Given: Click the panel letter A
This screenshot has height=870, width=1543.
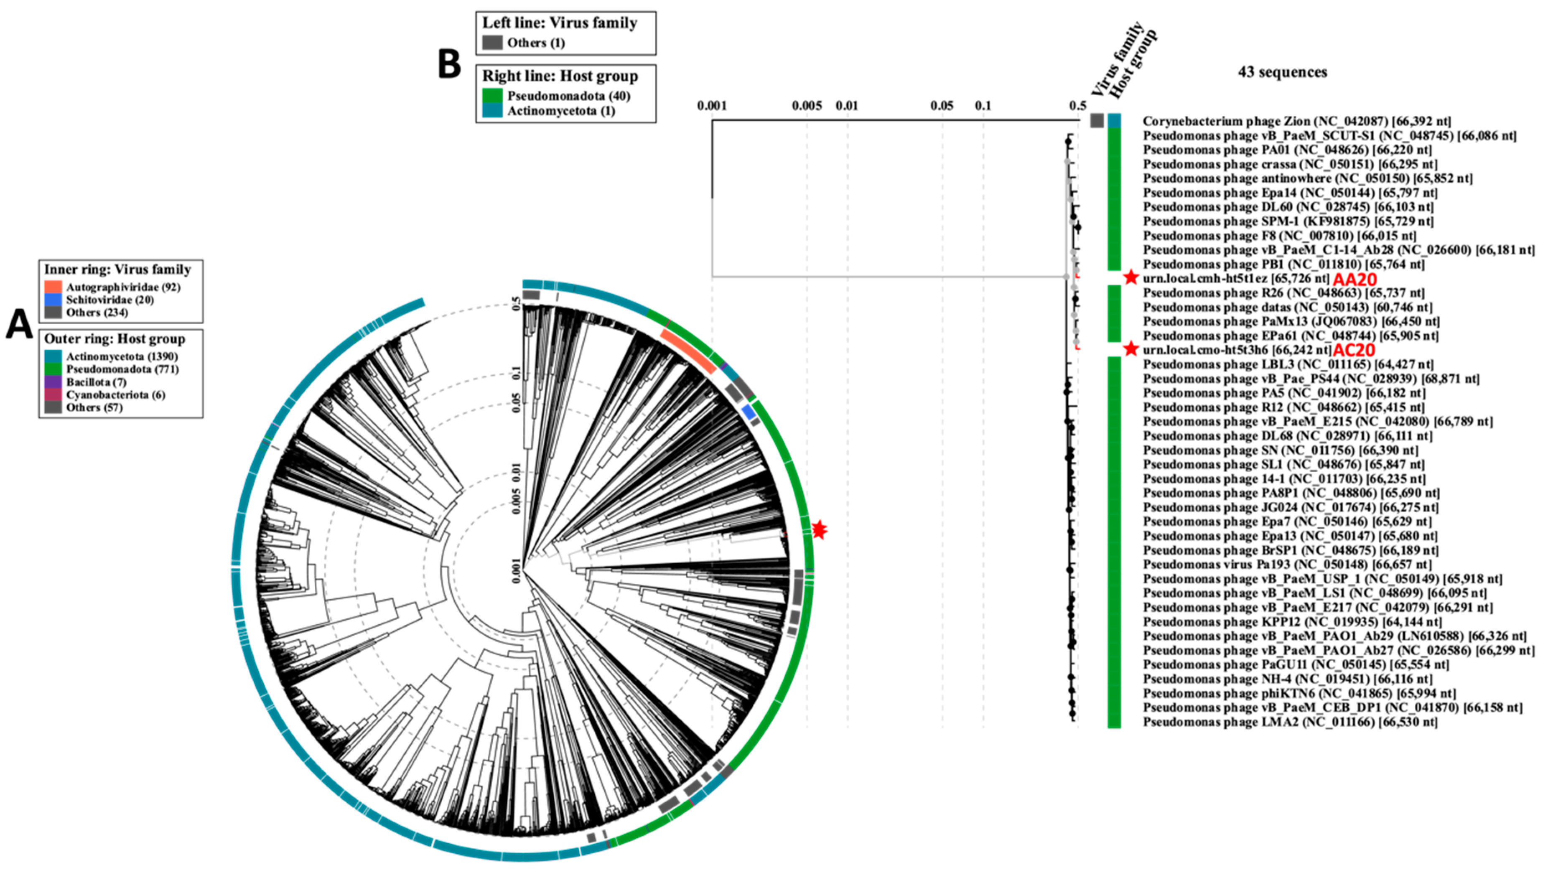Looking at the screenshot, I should click(x=19, y=325).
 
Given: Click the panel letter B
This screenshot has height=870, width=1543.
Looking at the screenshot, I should click(x=450, y=65).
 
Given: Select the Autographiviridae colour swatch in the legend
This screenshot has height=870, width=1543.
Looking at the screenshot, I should click(x=53, y=287).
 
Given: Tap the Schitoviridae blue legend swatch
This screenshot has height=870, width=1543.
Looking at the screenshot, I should click(x=53, y=299).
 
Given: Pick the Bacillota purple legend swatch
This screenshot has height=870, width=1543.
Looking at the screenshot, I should click(x=53, y=382).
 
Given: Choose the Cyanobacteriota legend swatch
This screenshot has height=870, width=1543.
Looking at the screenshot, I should click(x=53, y=394).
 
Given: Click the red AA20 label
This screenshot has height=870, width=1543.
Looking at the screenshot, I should click(x=1355, y=279).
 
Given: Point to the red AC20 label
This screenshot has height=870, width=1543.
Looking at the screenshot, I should click(x=1353, y=350).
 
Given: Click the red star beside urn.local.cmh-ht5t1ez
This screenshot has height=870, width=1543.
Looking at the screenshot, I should click(x=1131, y=277).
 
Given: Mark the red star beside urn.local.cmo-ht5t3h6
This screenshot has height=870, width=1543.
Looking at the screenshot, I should click(x=1131, y=349).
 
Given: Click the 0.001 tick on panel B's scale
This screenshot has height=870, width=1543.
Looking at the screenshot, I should click(x=712, y=106).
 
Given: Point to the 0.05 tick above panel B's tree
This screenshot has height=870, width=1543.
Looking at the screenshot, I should click(x=942, y=106).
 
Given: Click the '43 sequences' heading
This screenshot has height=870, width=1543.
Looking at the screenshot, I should click(x=1283, y=72).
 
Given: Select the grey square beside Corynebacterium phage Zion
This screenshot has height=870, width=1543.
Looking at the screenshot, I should click(x=1097, y=120).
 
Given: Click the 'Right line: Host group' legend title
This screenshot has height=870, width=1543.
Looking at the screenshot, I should click(x=560, y=76).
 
